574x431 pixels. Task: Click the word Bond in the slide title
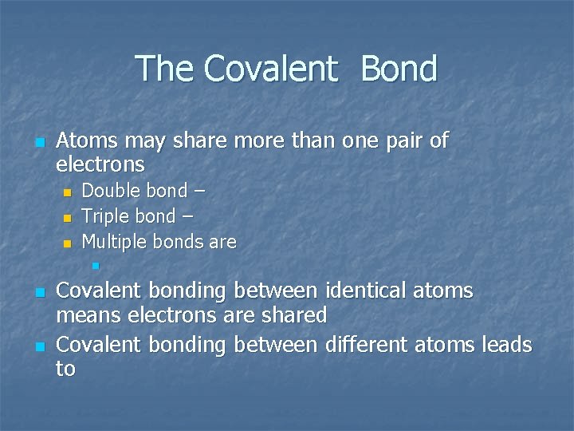(399, 69)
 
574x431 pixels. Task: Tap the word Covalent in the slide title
(270, 69)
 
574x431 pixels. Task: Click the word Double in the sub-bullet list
(111, 191)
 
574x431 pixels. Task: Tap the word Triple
(106, 216)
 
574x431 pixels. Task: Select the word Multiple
(113, 241)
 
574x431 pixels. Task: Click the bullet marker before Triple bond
(68, 218)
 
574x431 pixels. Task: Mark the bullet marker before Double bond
(68, 192)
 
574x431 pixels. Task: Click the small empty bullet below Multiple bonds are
(95, 265)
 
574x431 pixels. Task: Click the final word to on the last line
(65, 369)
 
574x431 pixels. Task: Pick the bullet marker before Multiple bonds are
(68, 243)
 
